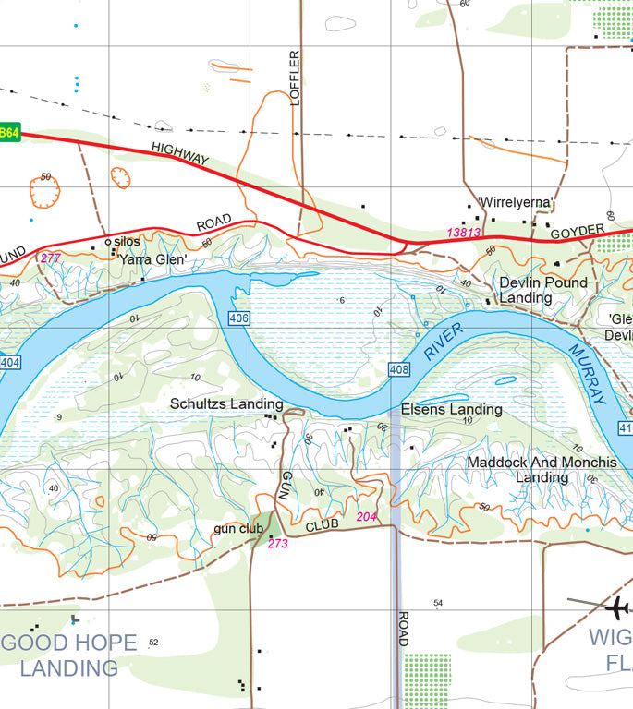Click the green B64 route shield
click(8, 133)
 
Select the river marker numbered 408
click(399, 369)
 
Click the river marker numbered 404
click(9, 363)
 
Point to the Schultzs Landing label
click(226, 404)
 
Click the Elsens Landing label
click(451, 409)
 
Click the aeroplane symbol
click(616, 607)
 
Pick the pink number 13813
click(464, 233)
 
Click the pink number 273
click(277, 544)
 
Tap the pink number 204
click(366, 517)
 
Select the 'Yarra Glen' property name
click(152, 260)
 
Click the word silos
click(128, 242)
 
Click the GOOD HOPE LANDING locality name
click(69, 655)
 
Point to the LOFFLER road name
click(296, 78)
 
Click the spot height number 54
click(439, 603)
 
